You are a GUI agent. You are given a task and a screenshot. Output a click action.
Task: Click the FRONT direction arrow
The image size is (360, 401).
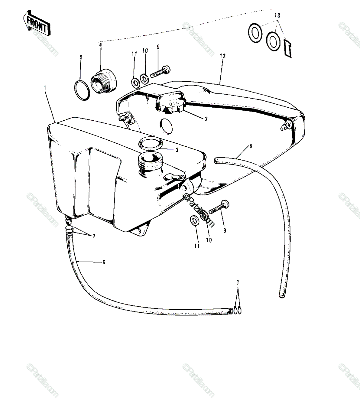(x=36, y=23)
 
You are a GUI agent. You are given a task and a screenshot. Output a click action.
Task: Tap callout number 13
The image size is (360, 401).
(x=277, y=15)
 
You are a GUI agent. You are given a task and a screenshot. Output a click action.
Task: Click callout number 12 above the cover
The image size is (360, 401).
(x=222, y=56)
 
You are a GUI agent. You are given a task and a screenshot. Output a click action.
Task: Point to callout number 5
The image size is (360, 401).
(x=81, y=57)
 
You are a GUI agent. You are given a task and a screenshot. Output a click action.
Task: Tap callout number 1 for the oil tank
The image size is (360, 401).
(x=45, y=88)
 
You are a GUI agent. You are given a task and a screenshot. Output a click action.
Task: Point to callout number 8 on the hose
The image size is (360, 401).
(x=251, y=146)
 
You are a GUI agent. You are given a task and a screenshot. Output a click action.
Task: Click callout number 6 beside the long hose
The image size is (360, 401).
(x=104, y=262)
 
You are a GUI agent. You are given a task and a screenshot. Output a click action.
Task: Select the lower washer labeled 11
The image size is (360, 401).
(x=195, y=221)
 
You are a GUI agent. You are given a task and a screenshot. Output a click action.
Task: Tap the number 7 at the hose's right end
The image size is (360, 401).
(x=238, y=282)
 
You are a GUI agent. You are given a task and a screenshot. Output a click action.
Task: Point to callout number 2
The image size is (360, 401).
(x=206, y=119)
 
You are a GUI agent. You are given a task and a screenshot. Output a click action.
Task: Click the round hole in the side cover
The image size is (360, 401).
(x=167, y=126)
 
